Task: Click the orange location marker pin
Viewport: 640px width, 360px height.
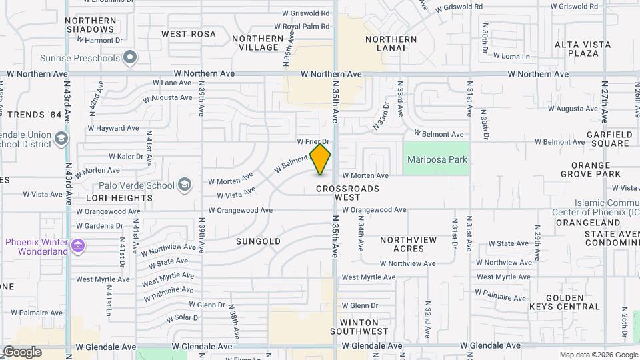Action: [321, 159]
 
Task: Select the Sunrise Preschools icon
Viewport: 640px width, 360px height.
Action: [131, 57]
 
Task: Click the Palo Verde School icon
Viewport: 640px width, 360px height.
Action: [184, 185]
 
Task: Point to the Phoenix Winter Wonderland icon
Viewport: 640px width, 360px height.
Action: [79, 247]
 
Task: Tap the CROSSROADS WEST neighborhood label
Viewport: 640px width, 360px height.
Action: [347, 193]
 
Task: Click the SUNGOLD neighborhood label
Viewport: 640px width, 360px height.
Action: [258, 241]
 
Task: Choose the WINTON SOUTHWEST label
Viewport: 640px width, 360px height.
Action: [363, 327]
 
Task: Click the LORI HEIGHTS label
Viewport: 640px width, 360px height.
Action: [119, 198]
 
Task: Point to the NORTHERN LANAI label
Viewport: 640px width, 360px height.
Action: [391, 43]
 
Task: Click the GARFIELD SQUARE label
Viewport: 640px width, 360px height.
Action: [610, 139]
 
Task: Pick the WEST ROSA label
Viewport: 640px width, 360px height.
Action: [189, 34]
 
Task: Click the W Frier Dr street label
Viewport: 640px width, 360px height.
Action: [313, 142]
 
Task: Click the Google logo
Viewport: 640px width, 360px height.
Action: [22, 352]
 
